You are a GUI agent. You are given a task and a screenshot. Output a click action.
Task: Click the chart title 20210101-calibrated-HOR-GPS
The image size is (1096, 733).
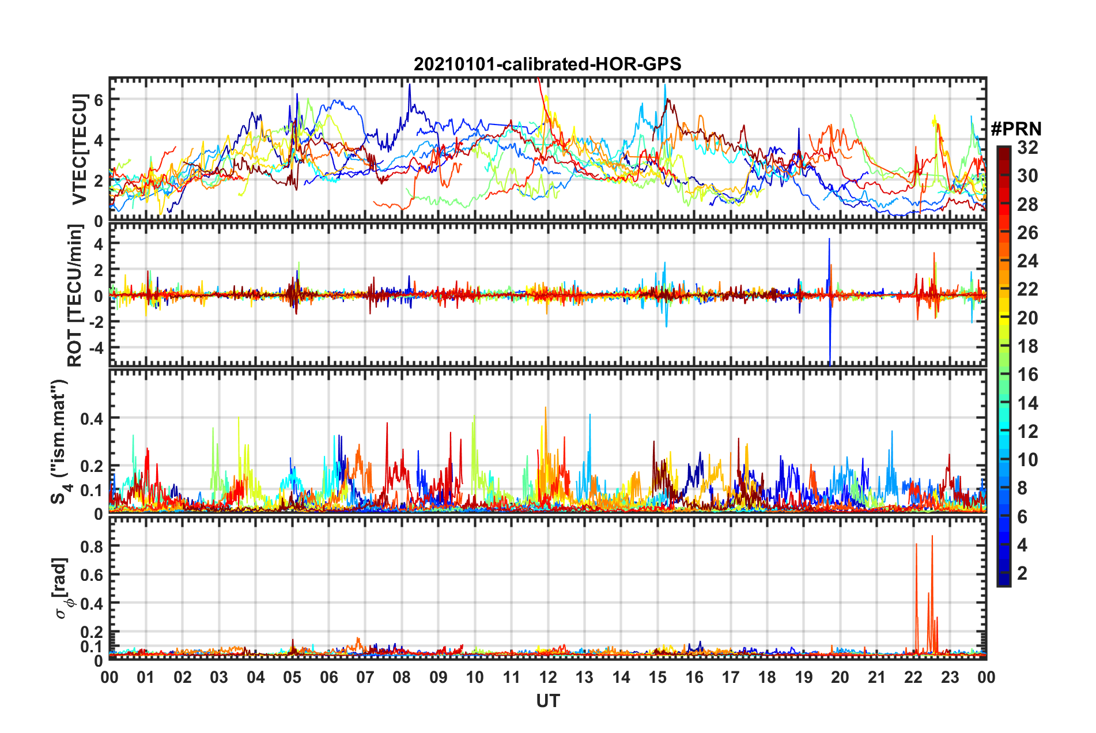(547, 64)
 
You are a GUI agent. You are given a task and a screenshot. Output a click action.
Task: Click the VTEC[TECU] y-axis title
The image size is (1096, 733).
(80, 150)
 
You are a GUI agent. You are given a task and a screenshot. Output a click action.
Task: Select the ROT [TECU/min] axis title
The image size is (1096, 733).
(75, 295)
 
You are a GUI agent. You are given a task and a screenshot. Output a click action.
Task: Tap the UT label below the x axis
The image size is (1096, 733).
(547, 701)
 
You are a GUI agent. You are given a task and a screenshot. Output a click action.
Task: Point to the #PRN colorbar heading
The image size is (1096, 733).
(1016, 129)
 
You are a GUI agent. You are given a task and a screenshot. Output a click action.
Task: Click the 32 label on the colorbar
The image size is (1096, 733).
(1027, 148)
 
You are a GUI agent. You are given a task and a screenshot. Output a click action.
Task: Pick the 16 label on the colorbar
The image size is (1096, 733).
(1027, 375)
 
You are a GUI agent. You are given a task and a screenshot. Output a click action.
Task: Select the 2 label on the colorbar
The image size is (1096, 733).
(1022, 573)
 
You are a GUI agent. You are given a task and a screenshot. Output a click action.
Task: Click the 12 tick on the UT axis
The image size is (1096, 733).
(548, 677)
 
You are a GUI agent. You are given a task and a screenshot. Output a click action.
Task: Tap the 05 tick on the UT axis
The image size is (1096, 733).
(292, 677)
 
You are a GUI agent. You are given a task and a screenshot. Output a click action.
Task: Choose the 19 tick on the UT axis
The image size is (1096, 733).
(804, 677)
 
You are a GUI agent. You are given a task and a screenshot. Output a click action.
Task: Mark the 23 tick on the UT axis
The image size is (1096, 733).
(950, 677)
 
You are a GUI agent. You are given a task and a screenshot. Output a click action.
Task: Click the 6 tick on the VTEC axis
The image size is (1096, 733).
(99, 99)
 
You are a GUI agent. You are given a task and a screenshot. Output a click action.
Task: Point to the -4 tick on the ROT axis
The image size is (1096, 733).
(95, 348)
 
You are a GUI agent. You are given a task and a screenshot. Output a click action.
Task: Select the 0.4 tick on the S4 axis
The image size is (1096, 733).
(92, 418)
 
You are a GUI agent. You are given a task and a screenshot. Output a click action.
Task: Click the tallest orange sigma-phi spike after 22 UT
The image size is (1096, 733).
(932, 536)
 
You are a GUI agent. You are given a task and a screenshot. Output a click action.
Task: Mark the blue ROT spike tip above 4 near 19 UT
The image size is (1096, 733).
(829, 239)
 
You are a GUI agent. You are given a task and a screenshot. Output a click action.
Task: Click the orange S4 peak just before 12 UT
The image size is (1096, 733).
(545, 407)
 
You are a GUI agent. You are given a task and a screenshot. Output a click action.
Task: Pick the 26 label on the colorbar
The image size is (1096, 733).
(1027, 233)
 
